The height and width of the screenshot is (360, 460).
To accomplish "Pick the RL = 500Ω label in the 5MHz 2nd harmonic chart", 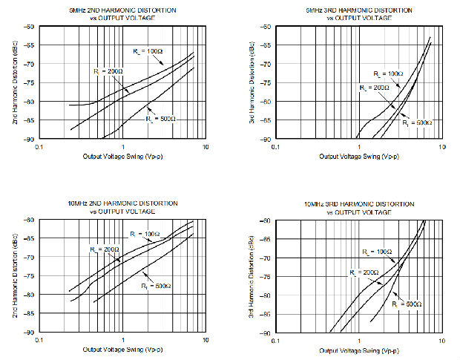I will point(161,119).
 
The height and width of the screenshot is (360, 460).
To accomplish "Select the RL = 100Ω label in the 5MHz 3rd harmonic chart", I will point(386,74).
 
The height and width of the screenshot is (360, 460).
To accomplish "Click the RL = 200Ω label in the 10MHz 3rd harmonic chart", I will point(364,273).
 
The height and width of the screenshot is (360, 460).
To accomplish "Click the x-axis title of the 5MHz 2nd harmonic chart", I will point(122,157).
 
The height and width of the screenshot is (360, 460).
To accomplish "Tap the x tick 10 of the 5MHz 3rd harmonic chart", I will point(441,147).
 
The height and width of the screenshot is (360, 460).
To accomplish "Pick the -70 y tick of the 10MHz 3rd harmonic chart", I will point(264,258).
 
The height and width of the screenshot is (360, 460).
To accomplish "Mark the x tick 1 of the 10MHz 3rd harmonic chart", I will point(358,340).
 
